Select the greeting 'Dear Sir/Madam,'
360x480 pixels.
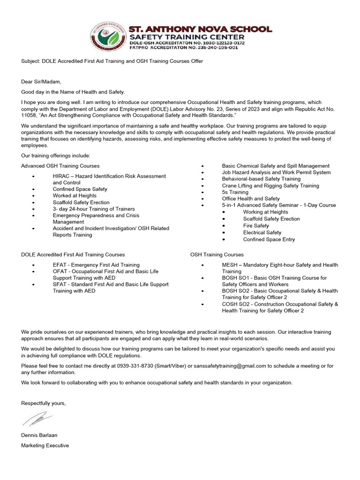41,82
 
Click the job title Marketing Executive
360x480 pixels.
45,445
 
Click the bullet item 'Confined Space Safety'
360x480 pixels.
80,189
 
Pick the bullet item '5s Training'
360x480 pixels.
235,192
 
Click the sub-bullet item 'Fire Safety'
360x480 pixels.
256,225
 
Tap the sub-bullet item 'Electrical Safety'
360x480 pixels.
262,232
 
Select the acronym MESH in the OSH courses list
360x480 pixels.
230,265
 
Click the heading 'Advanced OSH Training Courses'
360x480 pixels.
60,166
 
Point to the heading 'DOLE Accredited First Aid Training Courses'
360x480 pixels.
73,255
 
